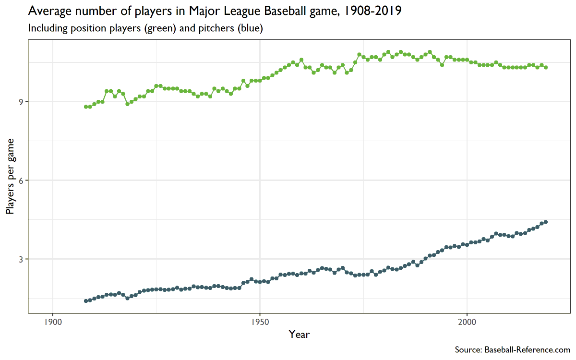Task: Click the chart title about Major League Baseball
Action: (x=215, y=11)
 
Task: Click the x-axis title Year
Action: (x=299, y=335)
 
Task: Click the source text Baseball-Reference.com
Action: (x=528, y=350)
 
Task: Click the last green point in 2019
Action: (x=546, y=68)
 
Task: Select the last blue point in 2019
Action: (x=546, y=222)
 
